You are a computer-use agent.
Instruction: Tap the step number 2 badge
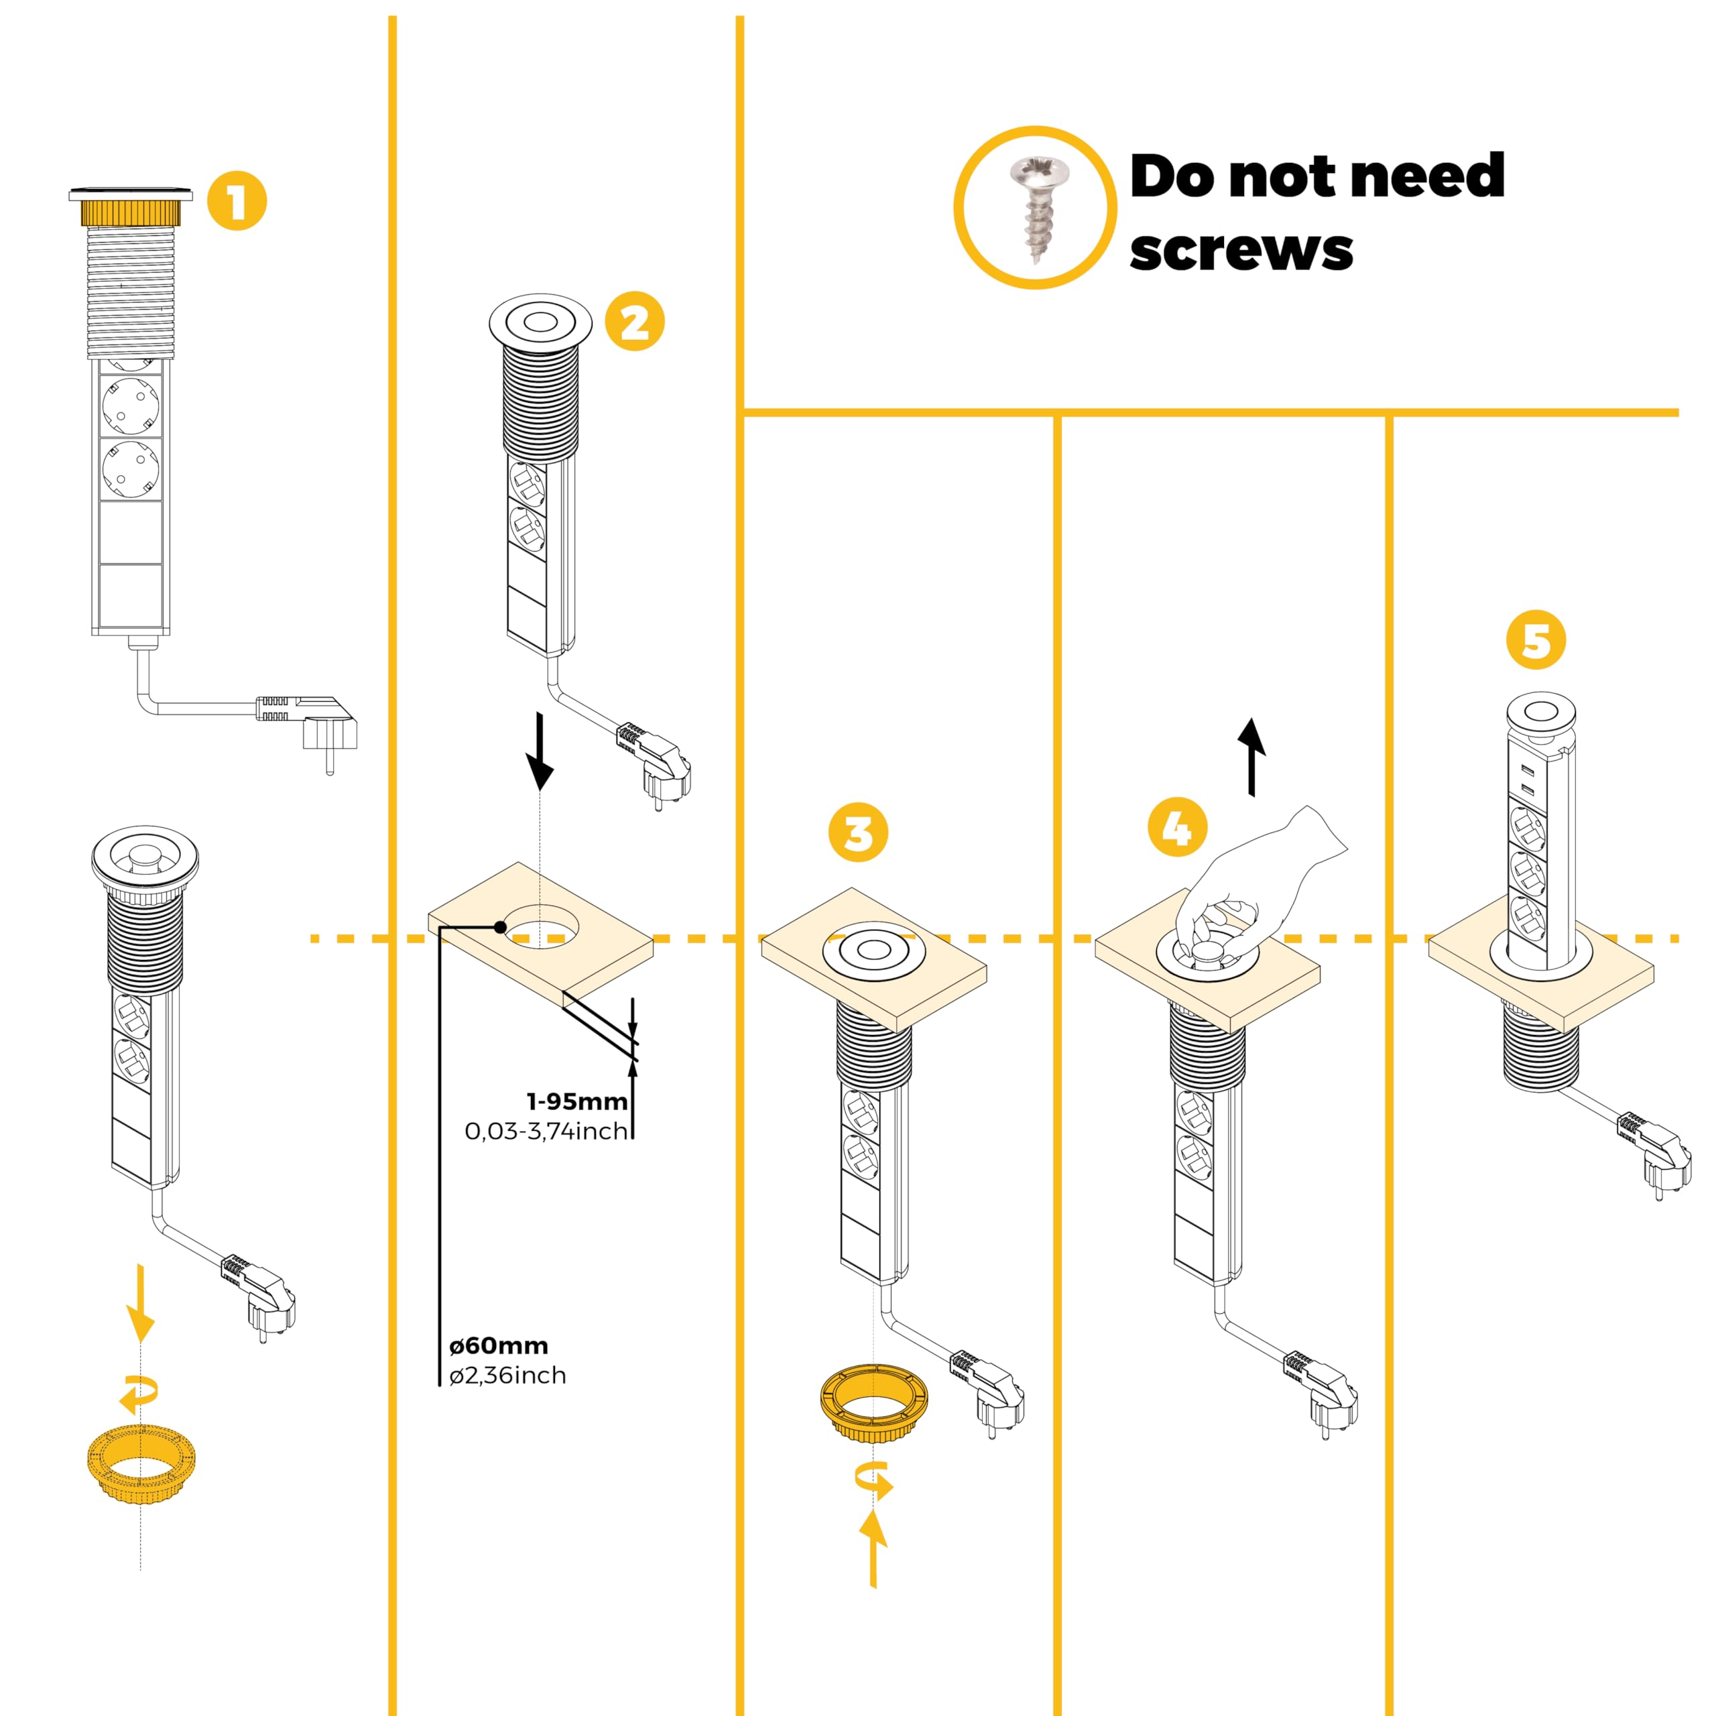coord(634,322)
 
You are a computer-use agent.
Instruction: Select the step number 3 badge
coord(858,833)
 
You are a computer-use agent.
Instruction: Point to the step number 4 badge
coord(1178,827)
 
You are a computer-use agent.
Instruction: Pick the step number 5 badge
coord(1536,639)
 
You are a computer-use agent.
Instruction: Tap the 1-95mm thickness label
coord(577,1101)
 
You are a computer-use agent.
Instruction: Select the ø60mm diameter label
coord(498,1345)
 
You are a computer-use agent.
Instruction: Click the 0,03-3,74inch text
coord(546,1131)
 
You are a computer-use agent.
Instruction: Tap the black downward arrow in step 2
coord(539,751)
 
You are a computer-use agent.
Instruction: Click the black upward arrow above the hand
coord(1252,757)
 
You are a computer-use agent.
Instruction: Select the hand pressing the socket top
coord(1262,879)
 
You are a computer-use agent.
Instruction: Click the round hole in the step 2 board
coord(541,926)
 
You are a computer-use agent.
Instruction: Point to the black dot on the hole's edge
coord(501,927)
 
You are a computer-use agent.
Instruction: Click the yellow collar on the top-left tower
coord(131,213)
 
